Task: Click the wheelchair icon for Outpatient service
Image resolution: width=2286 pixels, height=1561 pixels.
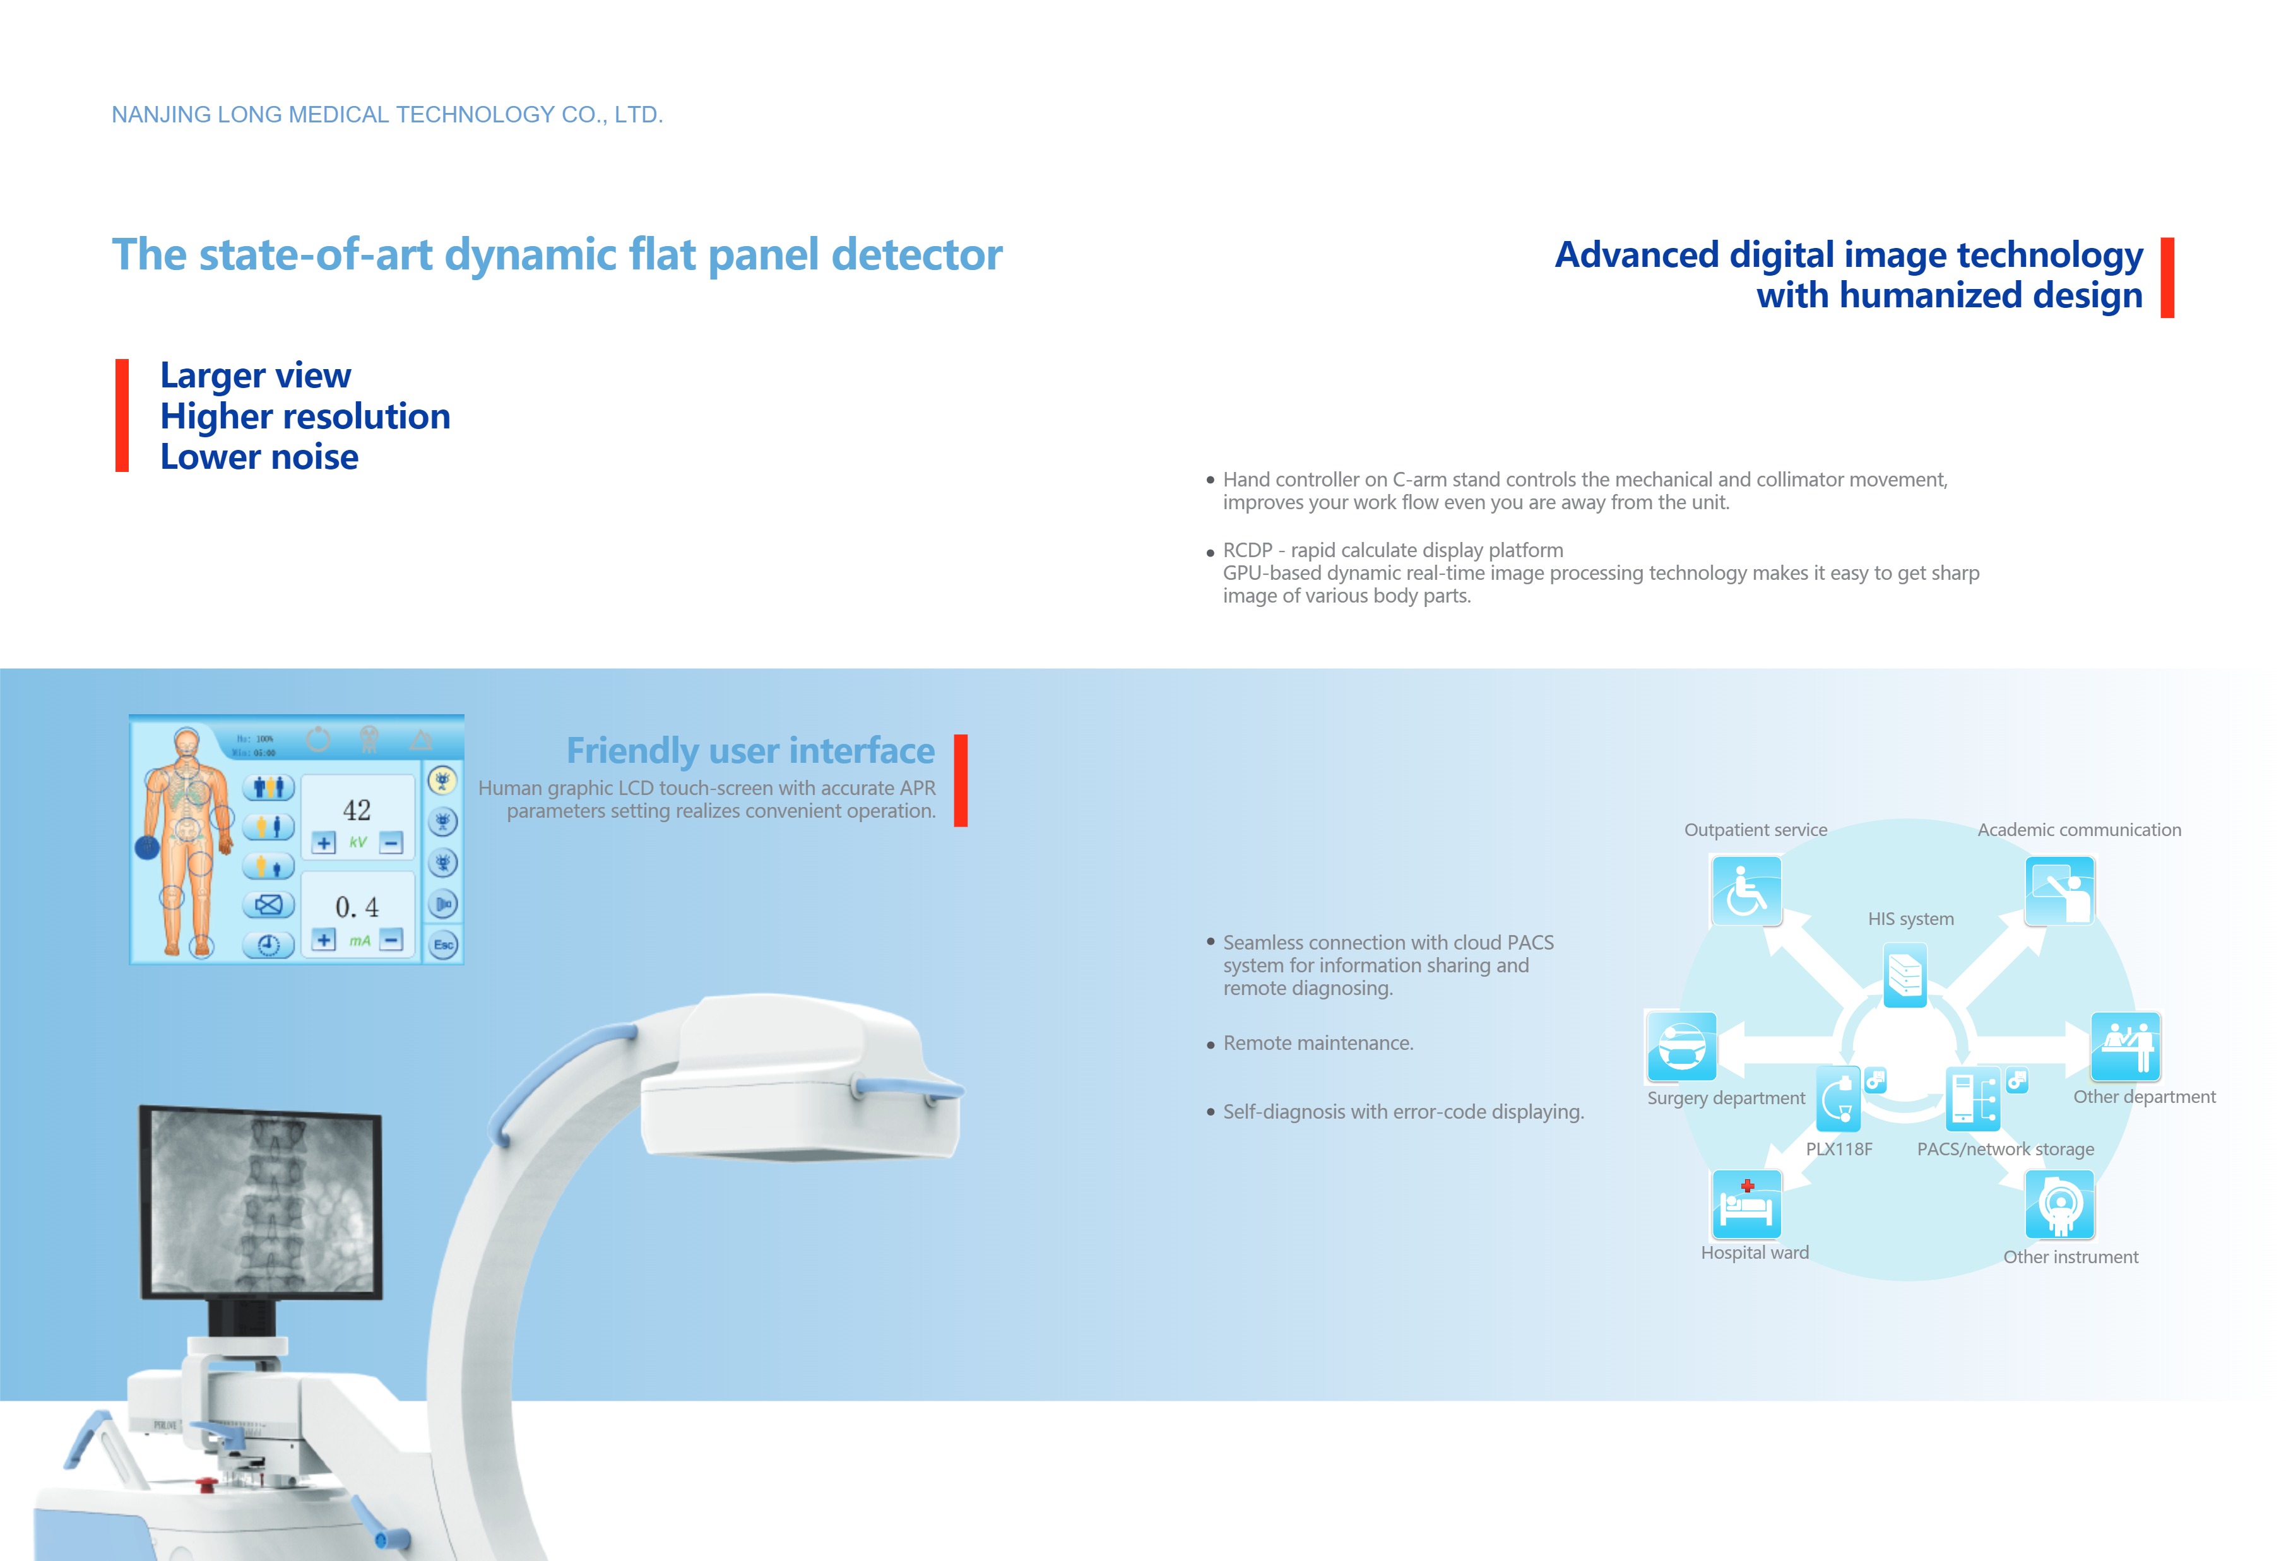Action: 1746,890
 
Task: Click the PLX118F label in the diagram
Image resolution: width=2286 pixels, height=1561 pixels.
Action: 1839,1149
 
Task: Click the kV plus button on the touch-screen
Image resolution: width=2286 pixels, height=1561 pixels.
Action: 324,843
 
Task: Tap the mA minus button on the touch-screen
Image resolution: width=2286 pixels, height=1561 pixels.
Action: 391,940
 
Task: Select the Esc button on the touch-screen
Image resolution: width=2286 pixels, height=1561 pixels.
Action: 444,945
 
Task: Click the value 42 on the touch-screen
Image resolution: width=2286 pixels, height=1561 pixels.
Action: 356,810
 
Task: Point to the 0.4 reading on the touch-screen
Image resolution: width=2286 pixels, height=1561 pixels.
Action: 356,906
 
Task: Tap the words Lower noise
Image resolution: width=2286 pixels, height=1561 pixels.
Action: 259,457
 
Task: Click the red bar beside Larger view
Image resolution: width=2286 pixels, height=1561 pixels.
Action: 122,415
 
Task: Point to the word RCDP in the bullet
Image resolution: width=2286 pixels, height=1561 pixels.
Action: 1247,550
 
